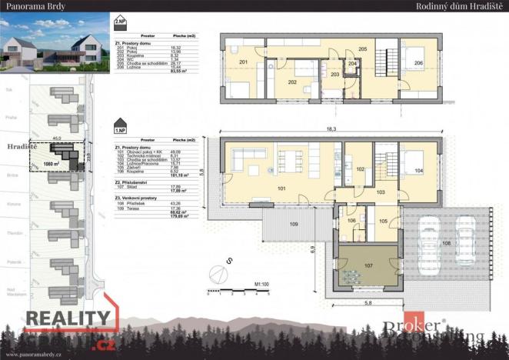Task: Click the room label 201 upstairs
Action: [243, 62]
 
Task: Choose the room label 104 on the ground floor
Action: [419, 169]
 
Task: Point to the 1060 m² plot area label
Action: [52, 164]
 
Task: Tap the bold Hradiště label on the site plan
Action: [17, 144]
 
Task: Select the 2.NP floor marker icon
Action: [119, 22]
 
